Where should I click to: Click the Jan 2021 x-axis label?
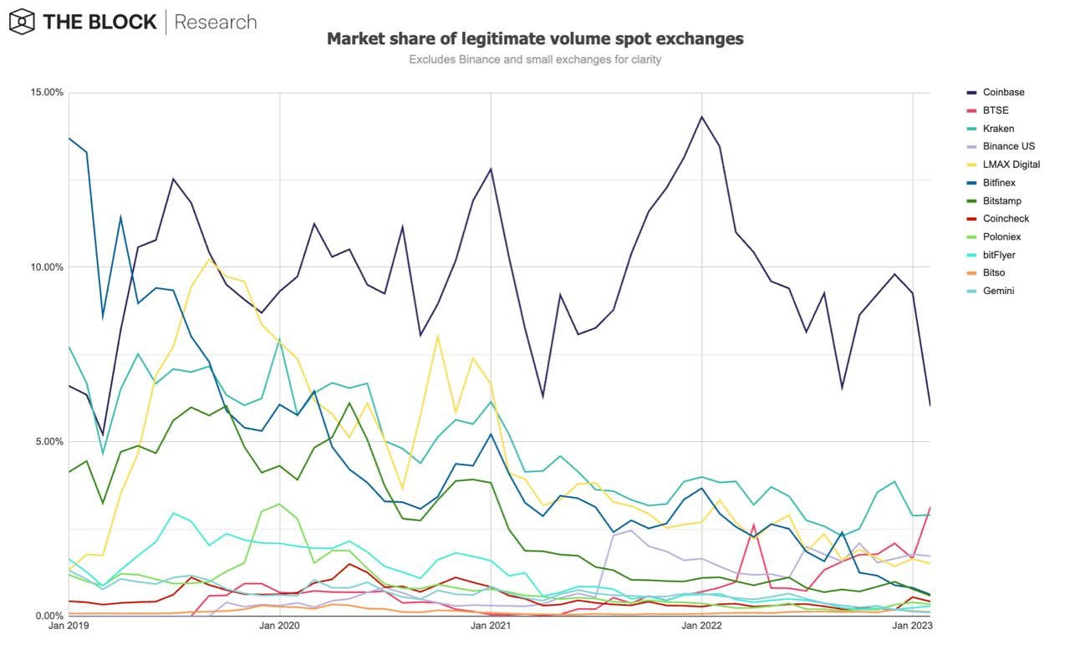pyautogui.click(x=490, y=626)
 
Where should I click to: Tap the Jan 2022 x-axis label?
pyautogui.click(x=701, y=626)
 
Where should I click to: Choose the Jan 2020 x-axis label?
pyautogui.click(x=279, y=626)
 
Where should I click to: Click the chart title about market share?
pyautogui.click(x=535, y=38)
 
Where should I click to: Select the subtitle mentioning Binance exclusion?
pyautogui.click(x=535, y=59)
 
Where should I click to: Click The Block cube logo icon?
pyautogui.click(x=22, y=22)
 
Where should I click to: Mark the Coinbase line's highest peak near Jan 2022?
pyautogui.click(x=701, y=116)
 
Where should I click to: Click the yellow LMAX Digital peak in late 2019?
pyautogui.click(x=210, y=258)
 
